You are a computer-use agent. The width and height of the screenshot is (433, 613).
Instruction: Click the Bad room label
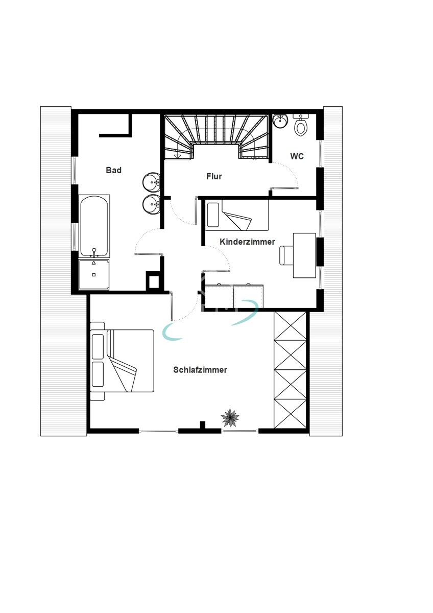(113, 170)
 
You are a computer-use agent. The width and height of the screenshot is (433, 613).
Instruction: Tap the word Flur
(214, 176)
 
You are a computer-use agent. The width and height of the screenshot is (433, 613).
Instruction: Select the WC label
(297, 156)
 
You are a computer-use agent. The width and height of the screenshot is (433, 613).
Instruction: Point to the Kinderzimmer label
(247, 242)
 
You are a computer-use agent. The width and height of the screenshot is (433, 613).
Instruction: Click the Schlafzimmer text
(200, 370)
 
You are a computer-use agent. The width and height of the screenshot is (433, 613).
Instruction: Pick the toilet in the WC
(301, 126)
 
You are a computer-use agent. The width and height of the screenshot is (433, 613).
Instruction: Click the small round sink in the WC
(280, 121)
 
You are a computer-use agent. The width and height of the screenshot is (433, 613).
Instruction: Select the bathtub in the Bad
(94, 226)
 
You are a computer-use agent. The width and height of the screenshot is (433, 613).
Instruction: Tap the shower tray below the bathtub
(94, 274)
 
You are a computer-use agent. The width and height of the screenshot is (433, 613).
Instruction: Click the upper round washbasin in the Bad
(152, 182)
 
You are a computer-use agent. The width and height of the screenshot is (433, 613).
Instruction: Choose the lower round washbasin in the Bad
(152, 204)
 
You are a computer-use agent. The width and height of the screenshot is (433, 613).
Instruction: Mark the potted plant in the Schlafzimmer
(230, 418)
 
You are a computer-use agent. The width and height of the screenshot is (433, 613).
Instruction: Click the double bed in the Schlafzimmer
(123, 361)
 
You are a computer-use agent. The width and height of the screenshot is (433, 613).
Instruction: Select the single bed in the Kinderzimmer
(237, 215)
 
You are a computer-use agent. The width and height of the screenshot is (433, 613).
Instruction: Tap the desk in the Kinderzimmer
(304, 255)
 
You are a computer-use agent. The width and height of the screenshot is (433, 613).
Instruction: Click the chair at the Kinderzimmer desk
(286, 255)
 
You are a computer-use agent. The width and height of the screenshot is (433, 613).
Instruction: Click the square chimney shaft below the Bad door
(153, 281)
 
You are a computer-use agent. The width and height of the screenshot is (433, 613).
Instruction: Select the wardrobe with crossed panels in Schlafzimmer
(290, 370)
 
